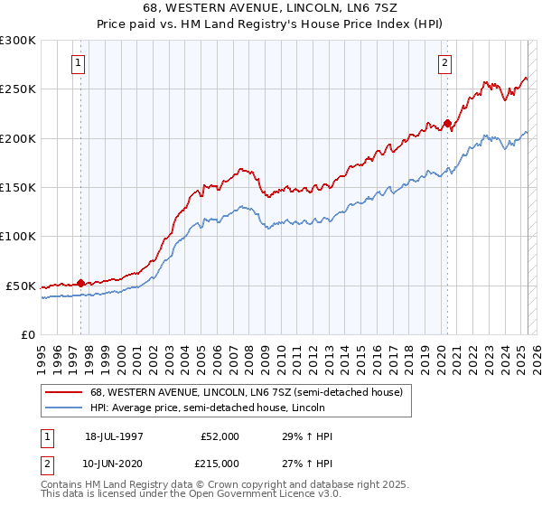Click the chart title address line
[x=271, y=7]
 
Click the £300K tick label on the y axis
[x=18, y=41]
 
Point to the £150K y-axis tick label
[x=18, y=187]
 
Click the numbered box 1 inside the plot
[x=79, y=63]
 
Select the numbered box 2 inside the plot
[x=446, y=63]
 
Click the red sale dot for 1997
[x=81, y=283]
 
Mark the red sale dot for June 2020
[x=447, y=123]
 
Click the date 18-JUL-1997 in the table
[x=113, y=437]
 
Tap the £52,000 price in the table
[x=220, y=437]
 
